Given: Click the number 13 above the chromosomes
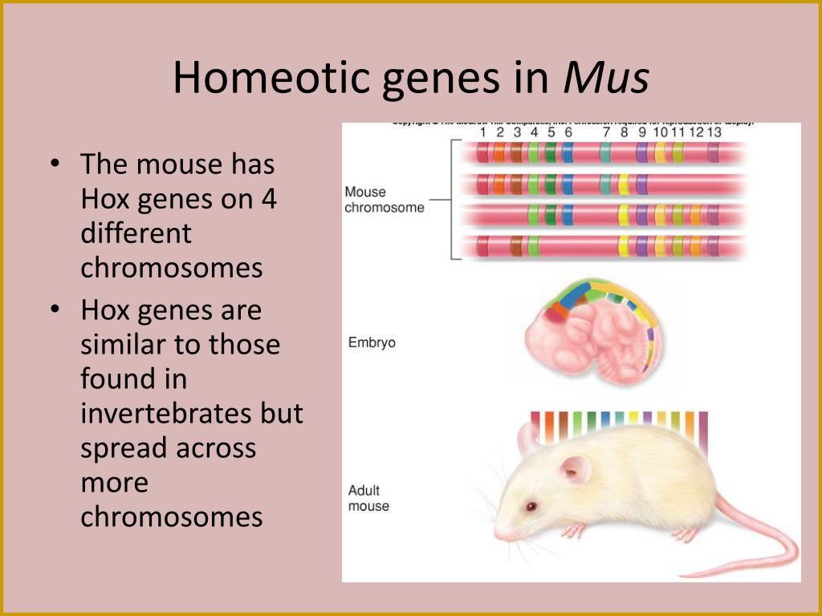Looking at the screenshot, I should click(x=714, y=132).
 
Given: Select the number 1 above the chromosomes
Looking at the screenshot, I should click(x=483, y=132).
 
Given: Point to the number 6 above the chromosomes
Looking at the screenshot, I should click(x=568, y=132).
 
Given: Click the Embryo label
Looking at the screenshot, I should click(x=372, y=342).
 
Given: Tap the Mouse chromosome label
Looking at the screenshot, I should click(x=384, y=200).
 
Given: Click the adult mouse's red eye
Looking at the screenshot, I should click(x=531, y=507).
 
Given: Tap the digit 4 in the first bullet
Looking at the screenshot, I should click(x=268, y=199).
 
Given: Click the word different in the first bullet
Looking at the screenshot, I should click(x=136, y=233).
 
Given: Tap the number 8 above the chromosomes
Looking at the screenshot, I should click(x=625, y=132).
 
